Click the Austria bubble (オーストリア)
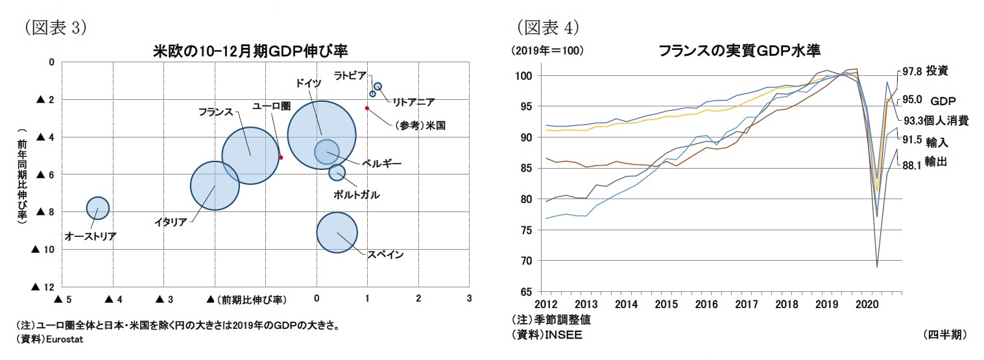[x=97, y=208]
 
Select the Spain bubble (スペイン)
[x=337, y=232]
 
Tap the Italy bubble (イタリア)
[x=215, y=185]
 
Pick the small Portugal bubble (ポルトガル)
[x=337, y=172]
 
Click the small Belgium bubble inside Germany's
[x=326, y=151]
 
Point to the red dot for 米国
[x=367, y=108]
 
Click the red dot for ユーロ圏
[x=281, y=158]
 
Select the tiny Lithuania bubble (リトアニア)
[x=378, y=86]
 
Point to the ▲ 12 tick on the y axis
[x=44, y=287]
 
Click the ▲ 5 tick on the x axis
[x=62, y=300]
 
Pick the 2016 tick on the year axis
[x=706, y=304]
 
